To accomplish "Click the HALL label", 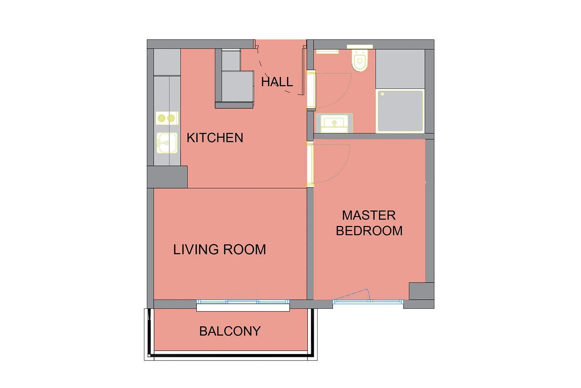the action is [277, 82].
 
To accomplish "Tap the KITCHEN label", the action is [215, 138].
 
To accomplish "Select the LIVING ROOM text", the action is [220, 249].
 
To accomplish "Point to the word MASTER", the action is [369, 215].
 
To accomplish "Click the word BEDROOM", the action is [369, 231].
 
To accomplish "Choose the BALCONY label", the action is [230, 331].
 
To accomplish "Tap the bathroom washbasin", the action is [334, 123].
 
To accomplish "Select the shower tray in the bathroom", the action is [400, 111].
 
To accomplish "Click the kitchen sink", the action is [167, 143].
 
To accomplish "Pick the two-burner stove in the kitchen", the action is [167, 118].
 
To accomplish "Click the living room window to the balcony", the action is [243, 302].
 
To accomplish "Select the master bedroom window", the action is [368, 301].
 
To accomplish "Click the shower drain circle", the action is [382, 94].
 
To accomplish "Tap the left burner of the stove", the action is [162, 118].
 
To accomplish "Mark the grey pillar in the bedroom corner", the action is [421, 291].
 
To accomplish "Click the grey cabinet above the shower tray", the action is [400, 69].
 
